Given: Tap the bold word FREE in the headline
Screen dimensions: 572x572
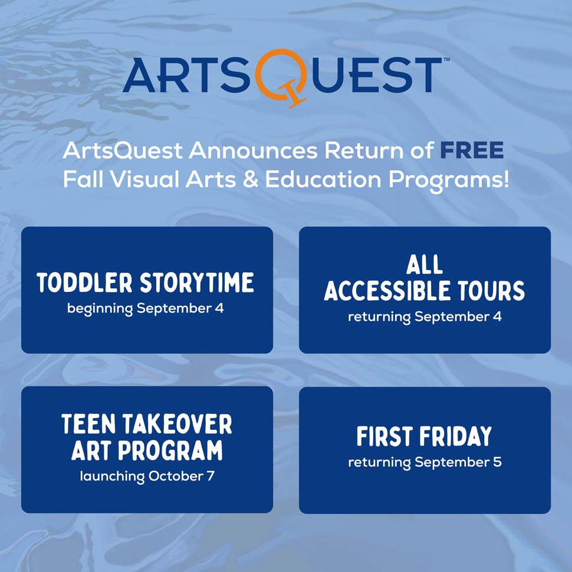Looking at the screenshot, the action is coord(472,150).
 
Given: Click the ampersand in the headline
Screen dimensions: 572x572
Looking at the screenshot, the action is coord(250,179).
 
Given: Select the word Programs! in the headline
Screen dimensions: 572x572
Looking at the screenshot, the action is coord(448,181).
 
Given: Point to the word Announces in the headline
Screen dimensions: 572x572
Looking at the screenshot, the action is coord(253,150).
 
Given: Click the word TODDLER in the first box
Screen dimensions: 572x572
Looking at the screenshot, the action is coord(84,282).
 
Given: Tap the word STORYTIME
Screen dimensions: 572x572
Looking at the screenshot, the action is coord(197,282).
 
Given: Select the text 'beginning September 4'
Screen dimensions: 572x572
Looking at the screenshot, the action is coord(145,309).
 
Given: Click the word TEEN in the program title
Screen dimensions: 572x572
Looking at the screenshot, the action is coord(88,424).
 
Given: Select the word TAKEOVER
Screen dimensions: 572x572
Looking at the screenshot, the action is coord(177,424).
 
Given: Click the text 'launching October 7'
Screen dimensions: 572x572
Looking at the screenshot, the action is coord(147,476).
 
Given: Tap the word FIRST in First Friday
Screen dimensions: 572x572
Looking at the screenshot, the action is coord(384,436).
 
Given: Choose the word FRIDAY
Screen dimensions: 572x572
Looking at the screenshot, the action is coord(456,436).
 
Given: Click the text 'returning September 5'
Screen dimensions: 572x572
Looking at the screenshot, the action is coord(425,462).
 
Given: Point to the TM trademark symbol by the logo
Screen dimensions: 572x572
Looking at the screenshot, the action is coord(446,59).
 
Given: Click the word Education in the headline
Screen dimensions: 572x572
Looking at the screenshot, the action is coord(323,179).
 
